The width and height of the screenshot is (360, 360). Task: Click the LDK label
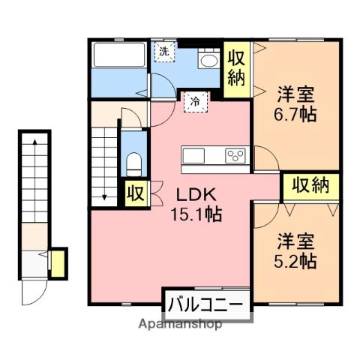196,195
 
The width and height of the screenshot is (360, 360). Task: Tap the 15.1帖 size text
196,214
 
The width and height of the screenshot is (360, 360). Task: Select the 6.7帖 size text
295,115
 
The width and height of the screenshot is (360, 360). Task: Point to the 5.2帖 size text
295,261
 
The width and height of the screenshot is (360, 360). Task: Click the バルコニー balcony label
205,304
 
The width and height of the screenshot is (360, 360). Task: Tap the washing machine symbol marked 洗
163,52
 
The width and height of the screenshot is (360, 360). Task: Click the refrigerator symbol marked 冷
196,102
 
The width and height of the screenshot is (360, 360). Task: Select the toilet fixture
134,165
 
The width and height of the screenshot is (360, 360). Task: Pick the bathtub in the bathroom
119,55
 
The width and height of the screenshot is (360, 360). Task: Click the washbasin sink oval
209,61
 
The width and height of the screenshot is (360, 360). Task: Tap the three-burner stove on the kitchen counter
235,155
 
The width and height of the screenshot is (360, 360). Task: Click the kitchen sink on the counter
193,155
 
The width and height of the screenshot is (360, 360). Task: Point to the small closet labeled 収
136,193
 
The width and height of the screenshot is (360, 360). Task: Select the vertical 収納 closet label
236,69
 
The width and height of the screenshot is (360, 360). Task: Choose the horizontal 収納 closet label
310,186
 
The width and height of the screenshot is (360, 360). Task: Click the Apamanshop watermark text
180,324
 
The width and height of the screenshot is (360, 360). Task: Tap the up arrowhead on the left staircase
35,142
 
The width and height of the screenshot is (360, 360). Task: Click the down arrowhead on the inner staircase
104,197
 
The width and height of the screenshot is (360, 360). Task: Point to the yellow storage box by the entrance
58,263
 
